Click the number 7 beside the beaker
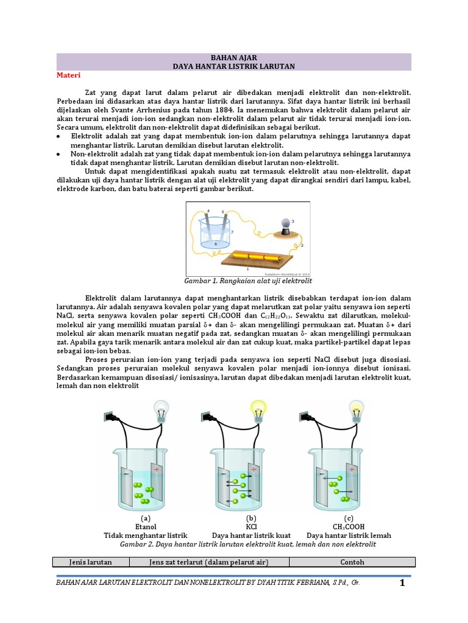pos(231,232)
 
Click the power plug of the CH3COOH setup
pos(304,417)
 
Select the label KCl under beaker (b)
pos(251,526)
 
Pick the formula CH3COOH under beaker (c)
pos(349,526)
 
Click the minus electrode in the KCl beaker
pos(223,484)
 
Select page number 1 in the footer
pos(402,584)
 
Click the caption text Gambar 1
pos(202,281)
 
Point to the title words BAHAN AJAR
pos(233,57)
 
